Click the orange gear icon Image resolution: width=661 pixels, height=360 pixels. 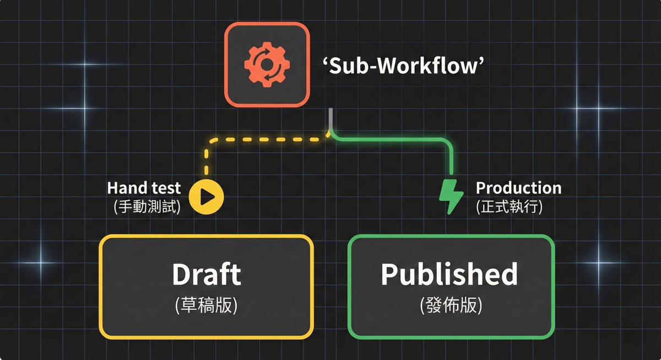(267, 64)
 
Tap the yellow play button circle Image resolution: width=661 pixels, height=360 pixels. (206, 196)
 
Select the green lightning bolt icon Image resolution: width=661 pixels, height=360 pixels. (451, 197)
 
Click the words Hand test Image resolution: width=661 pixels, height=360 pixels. (144, 188)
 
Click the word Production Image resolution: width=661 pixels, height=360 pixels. (518, 188)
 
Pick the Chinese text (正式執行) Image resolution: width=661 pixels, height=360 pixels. (510, 208)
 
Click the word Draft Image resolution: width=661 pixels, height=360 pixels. (206, 274)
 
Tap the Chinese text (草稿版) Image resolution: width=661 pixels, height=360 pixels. (206, 305)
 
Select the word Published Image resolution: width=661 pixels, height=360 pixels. (449, 274)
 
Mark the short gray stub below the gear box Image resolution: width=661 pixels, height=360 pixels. (331, 118)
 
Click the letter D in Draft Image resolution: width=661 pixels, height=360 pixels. (182, 274)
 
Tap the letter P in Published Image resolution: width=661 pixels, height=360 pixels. (391, 274)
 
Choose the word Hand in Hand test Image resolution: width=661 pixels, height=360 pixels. (125, 188)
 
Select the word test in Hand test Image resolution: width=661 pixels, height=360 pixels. (165, 188)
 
